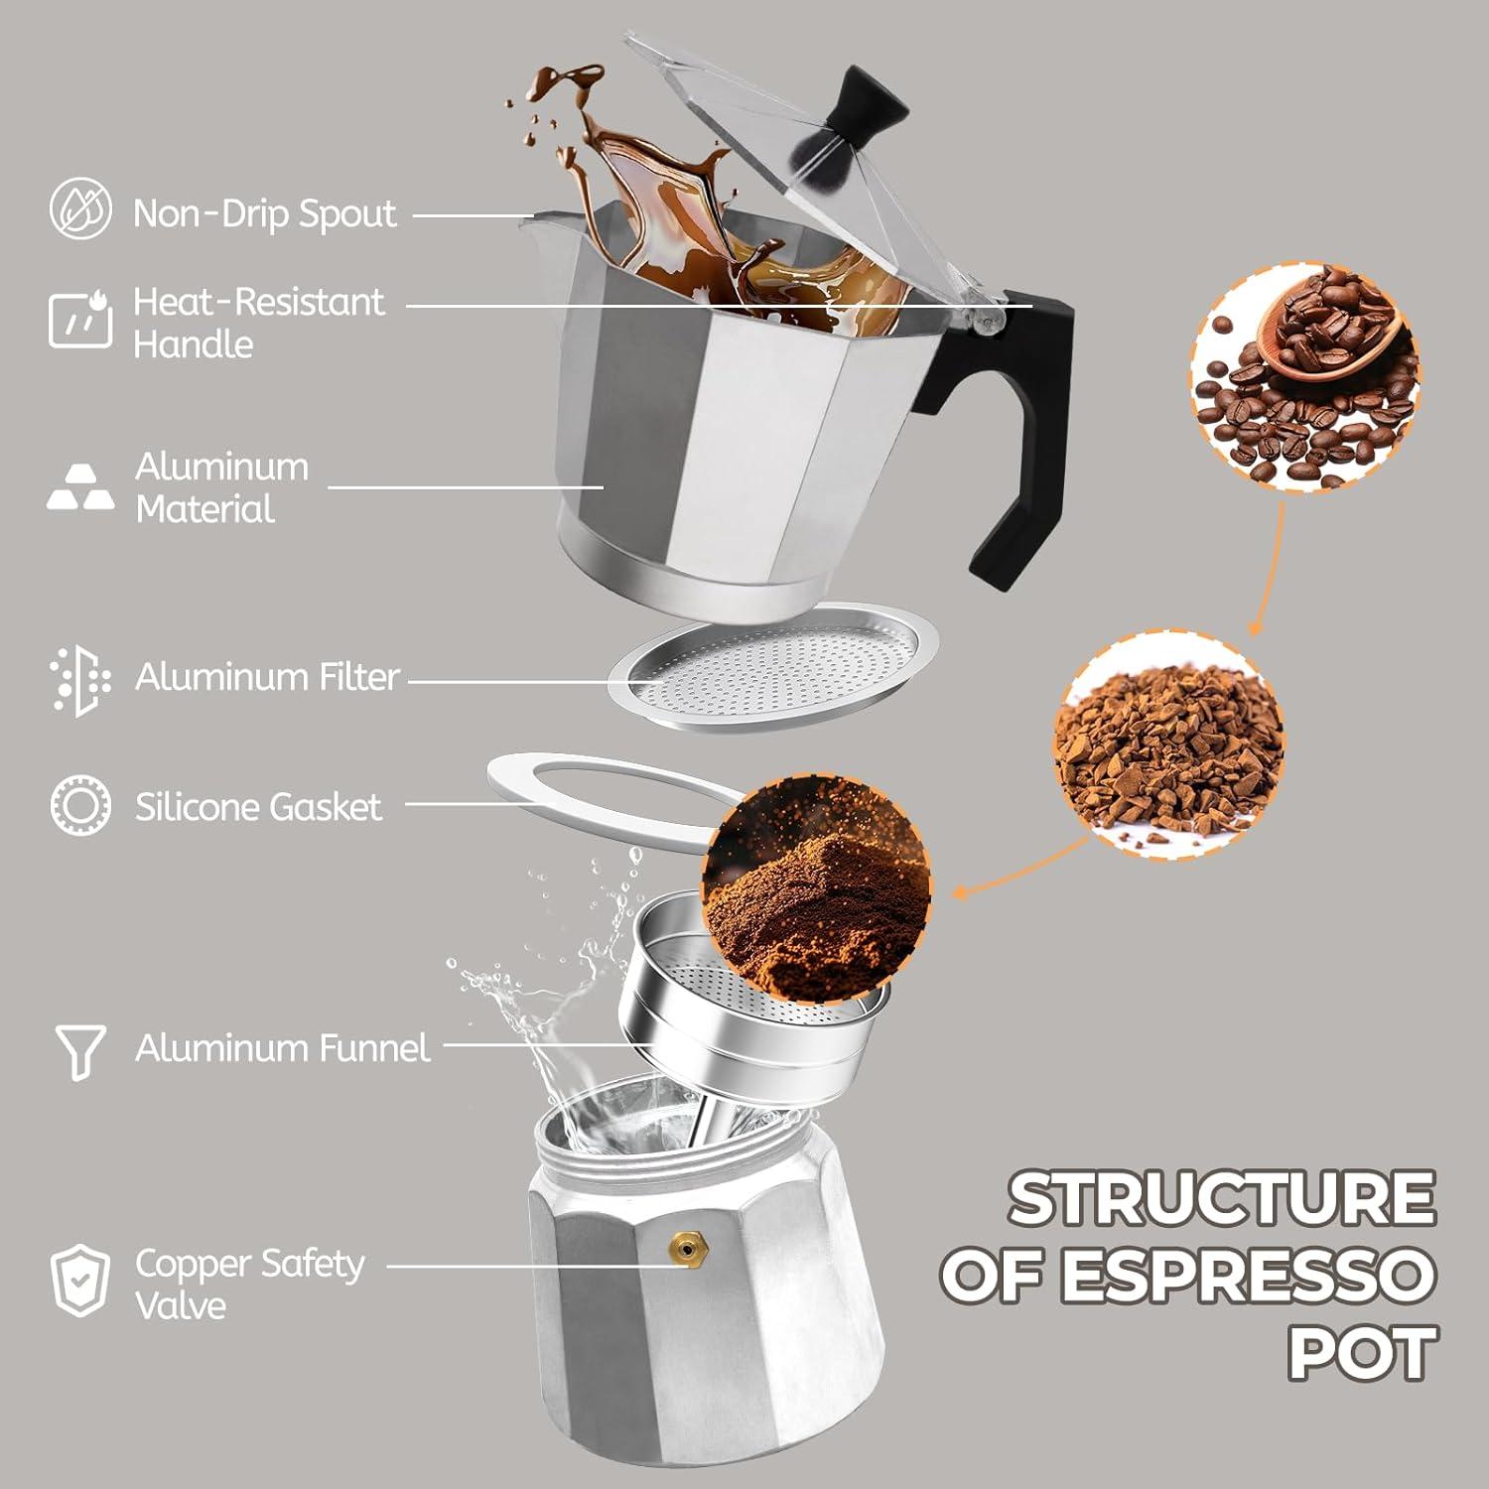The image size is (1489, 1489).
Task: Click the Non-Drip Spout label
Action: click(x=264, y=213)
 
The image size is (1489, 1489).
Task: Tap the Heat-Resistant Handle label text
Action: click(x=258, y=323)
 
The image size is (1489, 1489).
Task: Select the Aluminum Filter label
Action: click(x=267, y=677)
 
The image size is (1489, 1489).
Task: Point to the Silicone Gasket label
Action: click(x=258, y=807)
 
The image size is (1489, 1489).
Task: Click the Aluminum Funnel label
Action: click(x=283, y=1048)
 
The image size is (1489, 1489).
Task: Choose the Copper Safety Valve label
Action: click(x=249, y=1284)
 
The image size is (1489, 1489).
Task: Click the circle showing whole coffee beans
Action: click(x=1304, y=377)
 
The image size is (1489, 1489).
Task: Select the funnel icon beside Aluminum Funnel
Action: click(x=79, y=1051)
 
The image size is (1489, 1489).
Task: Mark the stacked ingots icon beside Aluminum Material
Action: click(x=79, y=487)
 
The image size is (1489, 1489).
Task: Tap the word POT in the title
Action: click(x=1362, y=1352)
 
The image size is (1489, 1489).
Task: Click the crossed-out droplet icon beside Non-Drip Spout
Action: click(x=80, y=208)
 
